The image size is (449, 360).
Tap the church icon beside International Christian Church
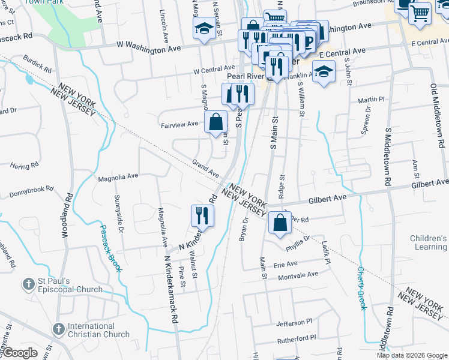pyautogui.click(x=58, y=329)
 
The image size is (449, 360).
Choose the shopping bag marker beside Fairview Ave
pyautogui.click(x=215, y=122)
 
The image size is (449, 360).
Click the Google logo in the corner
pyautogui.click(x=20, y=353)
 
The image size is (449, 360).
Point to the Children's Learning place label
pyautogui.click(x=429, y=242)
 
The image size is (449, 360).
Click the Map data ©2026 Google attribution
pyautogui.click(x=411, y=355)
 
